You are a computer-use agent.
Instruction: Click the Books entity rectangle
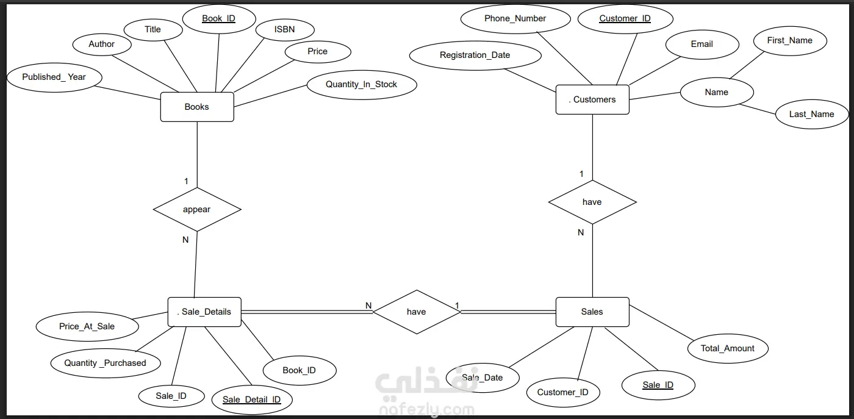(x=197, y=107)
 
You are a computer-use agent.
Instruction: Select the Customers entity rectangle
(x=592, y=99)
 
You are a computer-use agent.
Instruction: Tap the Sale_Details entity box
(x=204, y=312)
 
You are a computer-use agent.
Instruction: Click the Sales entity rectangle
(x=592, y=312)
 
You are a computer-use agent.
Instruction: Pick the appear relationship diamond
(x=197, y=209)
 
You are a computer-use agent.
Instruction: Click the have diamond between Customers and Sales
(x=592, y=202)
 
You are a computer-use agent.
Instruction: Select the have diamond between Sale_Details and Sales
(x=417, y=312)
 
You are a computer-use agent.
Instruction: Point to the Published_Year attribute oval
(x=54, y=77)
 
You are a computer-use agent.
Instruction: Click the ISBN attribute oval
(x=285, y=30)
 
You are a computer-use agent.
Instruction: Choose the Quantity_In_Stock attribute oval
(x=362, y=85)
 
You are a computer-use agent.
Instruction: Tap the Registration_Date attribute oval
(x=475, y=56)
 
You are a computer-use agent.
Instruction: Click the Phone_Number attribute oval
(x=515, y=19)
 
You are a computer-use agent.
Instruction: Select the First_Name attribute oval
(x=791, y=41)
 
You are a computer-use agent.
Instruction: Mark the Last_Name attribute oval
(x=812, y=115)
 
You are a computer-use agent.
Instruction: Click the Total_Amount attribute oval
(x=728, y=348)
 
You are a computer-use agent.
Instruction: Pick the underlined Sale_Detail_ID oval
(x=252, y=399)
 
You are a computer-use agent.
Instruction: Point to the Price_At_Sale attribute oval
(x=87, y=327)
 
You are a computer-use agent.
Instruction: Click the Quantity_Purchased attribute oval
(x=106, y=363)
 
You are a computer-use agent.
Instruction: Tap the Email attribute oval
(x=702, y=45)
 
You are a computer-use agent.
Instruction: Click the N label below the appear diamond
(x=185, y=240)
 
